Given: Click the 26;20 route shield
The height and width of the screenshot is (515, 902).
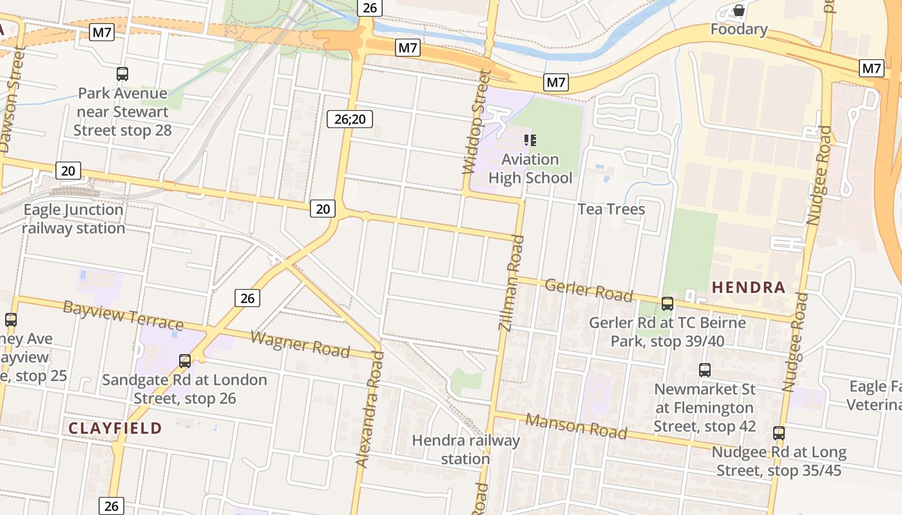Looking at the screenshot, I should click(350, 118).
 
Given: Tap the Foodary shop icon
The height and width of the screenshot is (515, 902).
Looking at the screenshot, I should click(739, 11).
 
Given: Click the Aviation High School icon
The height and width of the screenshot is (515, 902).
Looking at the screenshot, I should click(530, 140).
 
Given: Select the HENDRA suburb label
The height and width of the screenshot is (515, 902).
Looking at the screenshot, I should click(749, 288).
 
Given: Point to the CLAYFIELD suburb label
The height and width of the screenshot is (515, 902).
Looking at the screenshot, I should click(115, 428).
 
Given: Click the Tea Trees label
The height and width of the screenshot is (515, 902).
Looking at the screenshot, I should click(611, 209).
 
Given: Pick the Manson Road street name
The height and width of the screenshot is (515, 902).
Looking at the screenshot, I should click(576, 426).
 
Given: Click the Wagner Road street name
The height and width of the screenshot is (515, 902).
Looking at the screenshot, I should click(300, 344).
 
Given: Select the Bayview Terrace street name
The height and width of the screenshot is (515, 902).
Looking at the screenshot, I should click(123, 315).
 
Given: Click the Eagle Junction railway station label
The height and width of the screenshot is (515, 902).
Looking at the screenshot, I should click(73, 219).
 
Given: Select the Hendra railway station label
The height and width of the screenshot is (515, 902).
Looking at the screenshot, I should click(466, 449).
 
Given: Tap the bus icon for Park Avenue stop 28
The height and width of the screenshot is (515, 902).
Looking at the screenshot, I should click(122, 74).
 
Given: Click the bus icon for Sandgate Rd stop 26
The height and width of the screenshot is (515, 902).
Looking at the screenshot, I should click(185, 361).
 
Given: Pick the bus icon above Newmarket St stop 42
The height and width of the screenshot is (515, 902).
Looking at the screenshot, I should click(705, 370).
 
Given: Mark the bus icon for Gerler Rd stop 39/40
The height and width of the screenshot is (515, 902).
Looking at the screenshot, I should click(667, 304).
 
